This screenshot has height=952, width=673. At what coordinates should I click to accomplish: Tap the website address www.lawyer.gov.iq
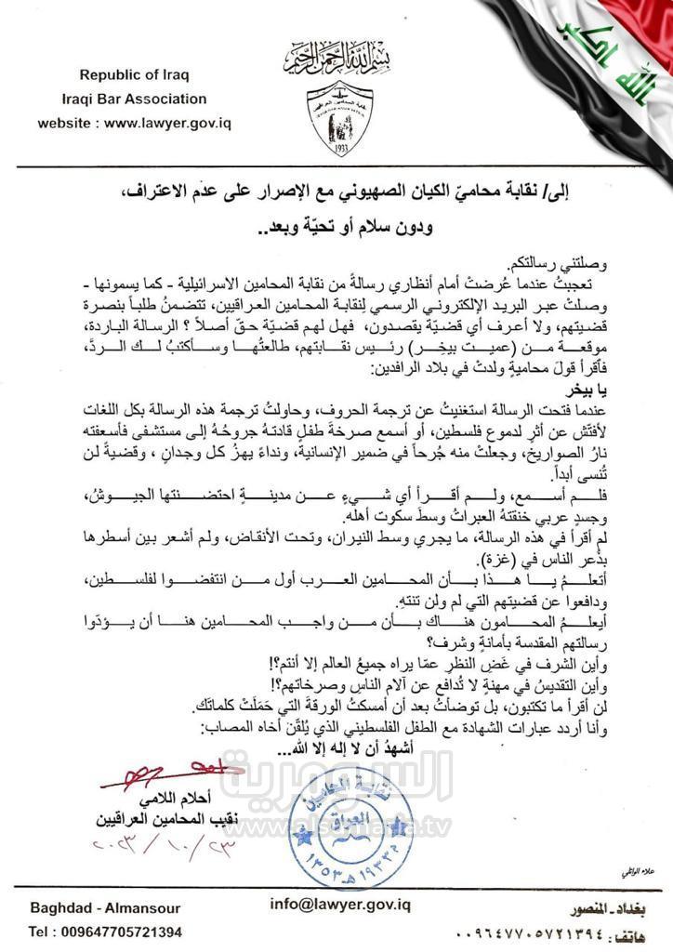[x=135, y=123]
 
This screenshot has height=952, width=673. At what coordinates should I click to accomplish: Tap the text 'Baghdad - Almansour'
[x=105, y=908]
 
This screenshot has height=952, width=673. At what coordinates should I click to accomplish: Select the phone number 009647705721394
[x=105, y=932]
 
